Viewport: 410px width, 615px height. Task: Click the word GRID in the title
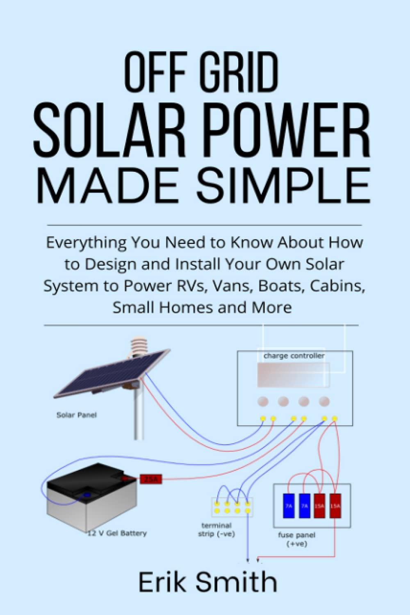pyautogui.click(x=239, y=73)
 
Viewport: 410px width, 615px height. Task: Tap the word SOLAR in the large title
pyautogui.click(x=109, y=130)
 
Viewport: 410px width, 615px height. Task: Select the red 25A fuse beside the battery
pyautogui.click(x=151, y=479)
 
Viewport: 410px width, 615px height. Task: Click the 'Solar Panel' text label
pyautogui.click(x=77, y=415)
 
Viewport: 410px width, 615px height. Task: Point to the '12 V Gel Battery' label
pyautogui.click(x=117, y=533)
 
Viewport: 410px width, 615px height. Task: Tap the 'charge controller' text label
pyautogui.click(x=294, y=356)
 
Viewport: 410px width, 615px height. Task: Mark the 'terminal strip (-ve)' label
pyautogui.click(x=216, y=529)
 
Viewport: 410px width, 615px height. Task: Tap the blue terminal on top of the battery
pyautogui.click(x=87, y=495)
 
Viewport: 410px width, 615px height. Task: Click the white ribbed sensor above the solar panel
pyautogui.click(x=137, y=346)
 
